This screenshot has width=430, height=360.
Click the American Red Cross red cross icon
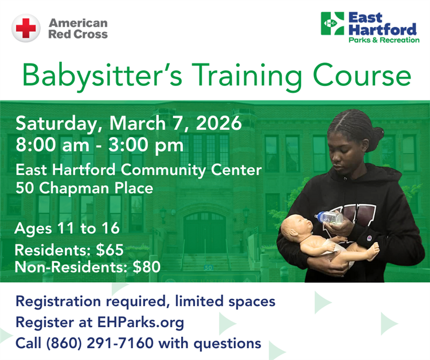click(25, 28)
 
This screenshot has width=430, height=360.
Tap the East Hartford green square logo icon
click(332, 24)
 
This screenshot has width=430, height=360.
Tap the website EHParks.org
click(140, 322)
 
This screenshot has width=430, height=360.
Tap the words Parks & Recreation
click(383, 40)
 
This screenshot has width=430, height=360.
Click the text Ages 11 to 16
click(67, 228)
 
